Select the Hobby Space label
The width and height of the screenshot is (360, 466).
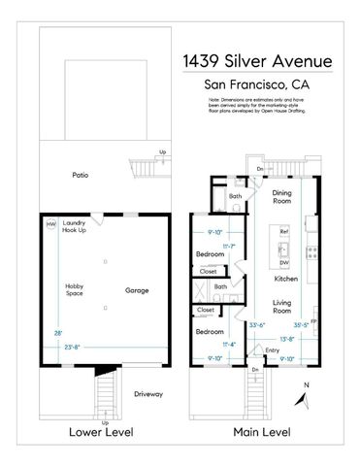[75, 289]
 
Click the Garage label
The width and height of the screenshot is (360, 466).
[136, 290]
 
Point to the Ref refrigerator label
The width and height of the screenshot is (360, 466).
[284, 232]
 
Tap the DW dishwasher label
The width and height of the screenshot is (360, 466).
[284, 262]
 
